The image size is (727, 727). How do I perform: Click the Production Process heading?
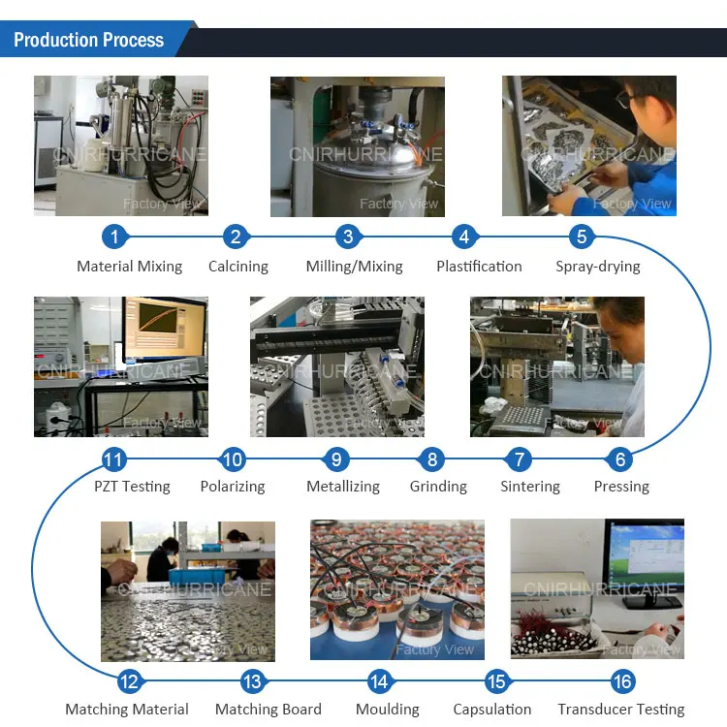(x=88, y=40)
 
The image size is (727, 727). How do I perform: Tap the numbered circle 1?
(x=115, y=236)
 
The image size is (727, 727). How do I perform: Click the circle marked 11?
(x=114, y=458)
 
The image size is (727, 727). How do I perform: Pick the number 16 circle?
(x=622, y=681)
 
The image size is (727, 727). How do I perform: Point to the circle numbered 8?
(x=432, y=458)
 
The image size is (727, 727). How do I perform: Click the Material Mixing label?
(x=129, y=266)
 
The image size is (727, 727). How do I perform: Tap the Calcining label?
(x=238, y=266)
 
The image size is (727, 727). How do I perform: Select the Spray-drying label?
(x=598, y=266)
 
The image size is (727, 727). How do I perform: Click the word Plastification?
(x=479, y=266)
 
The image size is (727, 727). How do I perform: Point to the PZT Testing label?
(x=132, y=487)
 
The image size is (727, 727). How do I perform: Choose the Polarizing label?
(x=233, y=487)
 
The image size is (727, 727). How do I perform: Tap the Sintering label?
(x=530, y=487)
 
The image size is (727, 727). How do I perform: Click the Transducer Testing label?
(x=621, y=710)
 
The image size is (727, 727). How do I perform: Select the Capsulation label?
(x=492, y=710)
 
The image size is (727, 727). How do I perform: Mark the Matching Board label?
(x=269, y=710)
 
